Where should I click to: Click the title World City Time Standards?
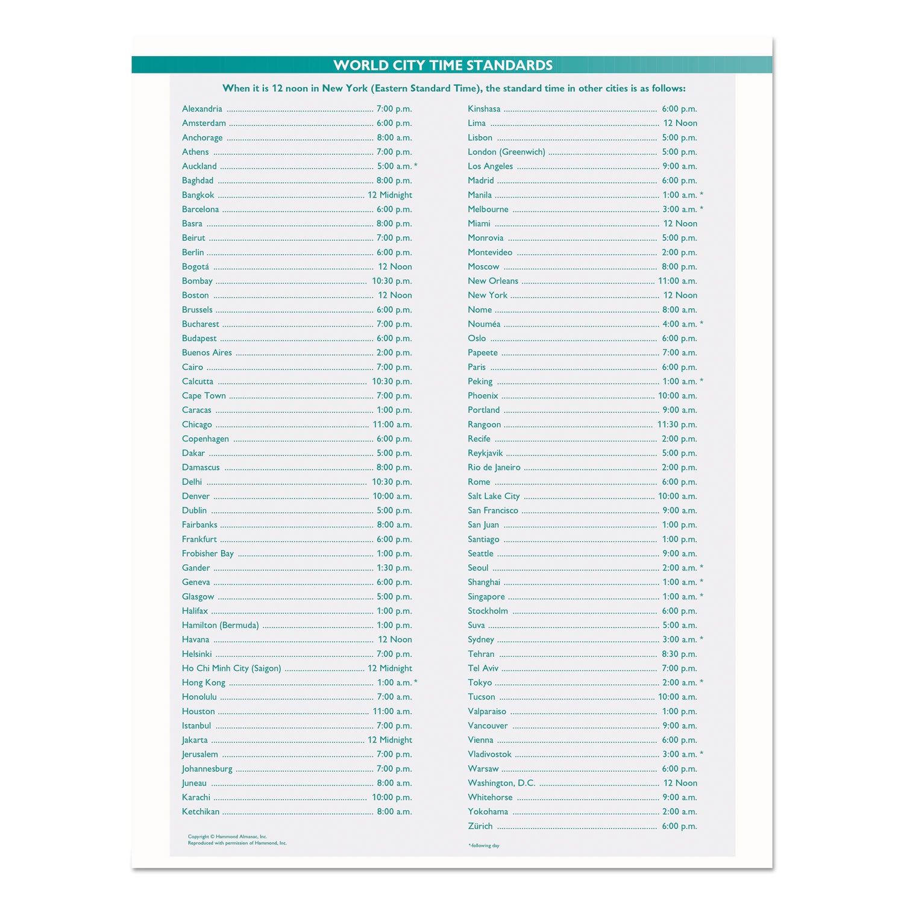pyautogui.click(x=443, y=65)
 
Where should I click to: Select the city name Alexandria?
pyautogui.click(x=202, y=109)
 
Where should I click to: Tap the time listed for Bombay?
pyautogui.click(x=392, y=281)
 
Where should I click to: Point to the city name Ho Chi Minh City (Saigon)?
pyautogui.click(x=231, y=668)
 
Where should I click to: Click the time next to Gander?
pyautogui.click(x=394, y=568)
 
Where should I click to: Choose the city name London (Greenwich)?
pyautogui.click(x=506, y=152)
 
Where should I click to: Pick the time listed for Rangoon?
pyautogui.click(x=677, y=424)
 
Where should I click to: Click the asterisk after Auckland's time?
pyautogui.click(x=416, y=166)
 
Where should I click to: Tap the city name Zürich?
pyautogui.click(x=480, y=826)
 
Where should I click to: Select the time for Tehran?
pyautogui.click(x=679, y=654)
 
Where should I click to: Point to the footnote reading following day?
pyautogui.click(x=484, y=846)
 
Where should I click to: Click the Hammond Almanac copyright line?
pyautogui.click(x=227, y=837)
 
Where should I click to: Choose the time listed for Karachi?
pyautogui.click(x=392, y=797)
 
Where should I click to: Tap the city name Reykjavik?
pyautogui.click(x=485, y=453)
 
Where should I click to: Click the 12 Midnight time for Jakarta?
pyautogui.click(x=390, y=740)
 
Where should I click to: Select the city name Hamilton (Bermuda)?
pyautogui.click(x=220, y=626)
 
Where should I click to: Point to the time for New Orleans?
pyautogui.click(x=677, y=281)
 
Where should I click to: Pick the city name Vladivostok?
pyautogui.click(x=489, y=755)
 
